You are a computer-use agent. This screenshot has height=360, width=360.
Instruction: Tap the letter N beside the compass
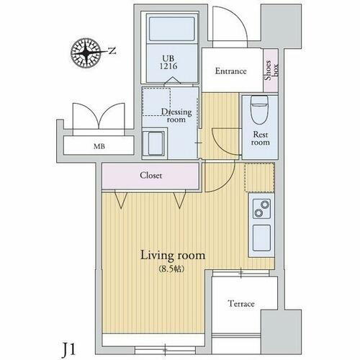click(111, 50)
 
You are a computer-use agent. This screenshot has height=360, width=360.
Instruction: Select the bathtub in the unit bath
click(171, 30)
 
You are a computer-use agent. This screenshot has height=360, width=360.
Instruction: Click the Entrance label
click(231, 71)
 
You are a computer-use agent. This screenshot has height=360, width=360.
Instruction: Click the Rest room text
click(259, 138)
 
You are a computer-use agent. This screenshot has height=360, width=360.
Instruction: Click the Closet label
click(150, 175)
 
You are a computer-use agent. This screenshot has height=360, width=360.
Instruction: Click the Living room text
click(173, 256)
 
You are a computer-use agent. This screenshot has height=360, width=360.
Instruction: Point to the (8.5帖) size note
click(173, 269)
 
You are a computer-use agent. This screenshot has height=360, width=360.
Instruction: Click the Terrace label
click(241, 304)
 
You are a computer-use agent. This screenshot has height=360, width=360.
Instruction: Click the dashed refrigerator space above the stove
click(259, 178)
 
